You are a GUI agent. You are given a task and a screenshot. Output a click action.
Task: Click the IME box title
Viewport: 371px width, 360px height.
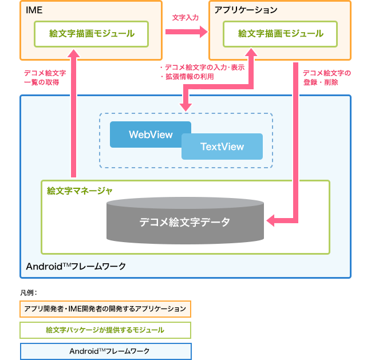pos(34,10)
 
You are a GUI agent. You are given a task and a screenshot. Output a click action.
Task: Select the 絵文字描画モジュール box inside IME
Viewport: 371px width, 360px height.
pos(92,34)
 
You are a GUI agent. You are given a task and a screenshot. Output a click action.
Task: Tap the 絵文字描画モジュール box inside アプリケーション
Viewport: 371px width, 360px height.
pos(281,34)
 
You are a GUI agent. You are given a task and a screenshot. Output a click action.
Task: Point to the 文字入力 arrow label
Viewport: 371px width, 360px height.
pos(185,18)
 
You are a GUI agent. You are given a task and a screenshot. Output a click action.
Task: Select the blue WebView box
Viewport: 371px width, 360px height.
pos(150,134)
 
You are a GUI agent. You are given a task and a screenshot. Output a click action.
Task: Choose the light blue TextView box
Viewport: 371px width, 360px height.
pos(222,147)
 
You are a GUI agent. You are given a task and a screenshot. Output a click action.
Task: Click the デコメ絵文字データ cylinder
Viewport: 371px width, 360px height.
pos(185,222)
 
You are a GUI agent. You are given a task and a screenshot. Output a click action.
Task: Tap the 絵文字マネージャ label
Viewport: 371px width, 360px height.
pos(80,190)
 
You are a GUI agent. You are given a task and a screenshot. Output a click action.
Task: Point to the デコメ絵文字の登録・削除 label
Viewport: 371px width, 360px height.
pos(326,77)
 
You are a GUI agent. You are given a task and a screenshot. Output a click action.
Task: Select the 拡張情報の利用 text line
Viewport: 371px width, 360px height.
pos(190,76)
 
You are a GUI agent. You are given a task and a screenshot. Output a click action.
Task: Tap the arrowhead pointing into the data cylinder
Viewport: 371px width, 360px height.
pos(272,220)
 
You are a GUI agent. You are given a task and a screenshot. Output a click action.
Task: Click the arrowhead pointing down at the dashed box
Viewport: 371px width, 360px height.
pos(185,106)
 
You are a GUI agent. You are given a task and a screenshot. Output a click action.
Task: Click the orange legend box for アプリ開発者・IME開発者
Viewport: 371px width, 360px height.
pos(105,309)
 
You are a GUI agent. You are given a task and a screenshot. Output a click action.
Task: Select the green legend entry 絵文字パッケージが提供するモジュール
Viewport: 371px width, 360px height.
pos(105,330)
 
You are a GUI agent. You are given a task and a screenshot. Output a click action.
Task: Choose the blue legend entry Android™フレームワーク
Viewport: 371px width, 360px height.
pos(105,351)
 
